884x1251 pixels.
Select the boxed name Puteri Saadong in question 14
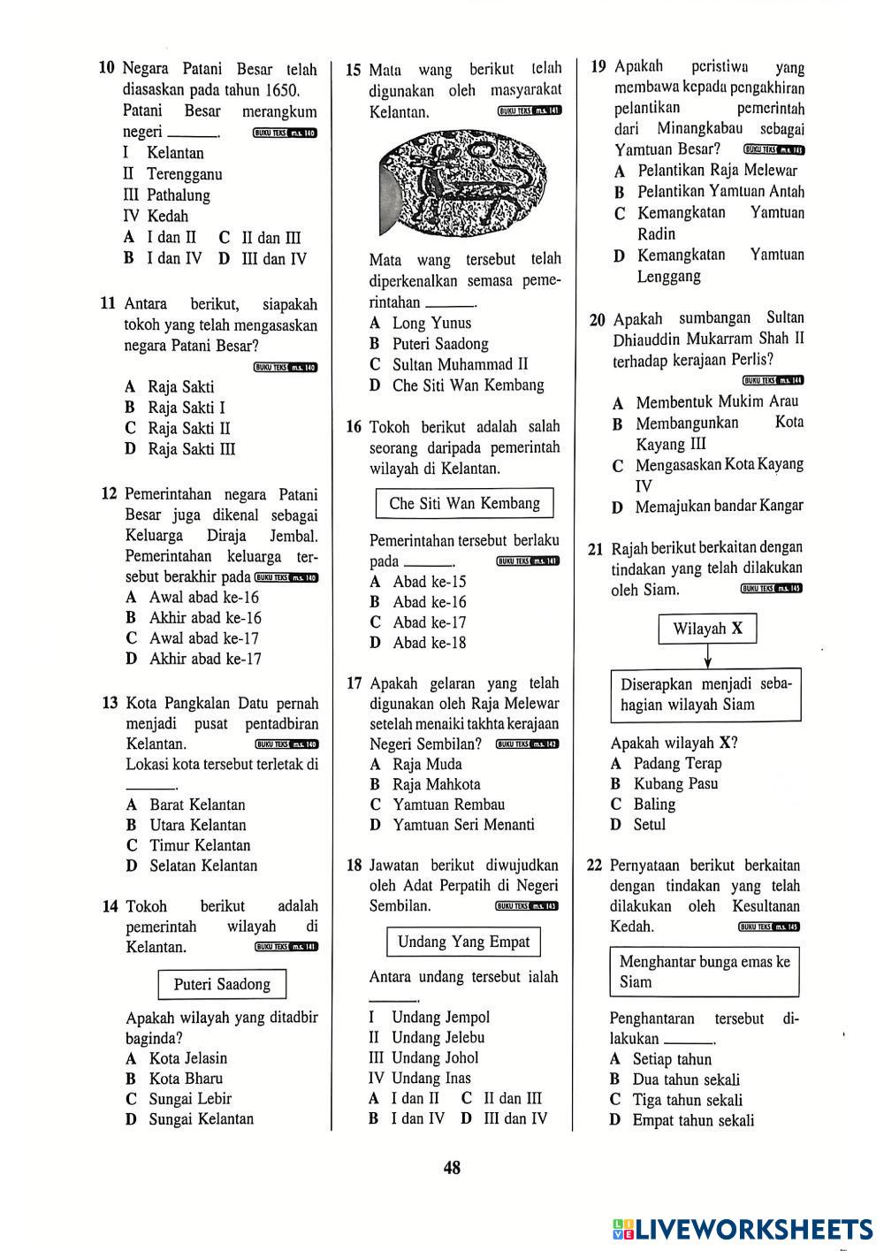tap(222, 985)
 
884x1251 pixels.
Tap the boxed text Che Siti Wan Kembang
tap(464, 504)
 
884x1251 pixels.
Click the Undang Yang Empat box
tap(463, 942)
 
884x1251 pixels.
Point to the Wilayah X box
tap(707, 629)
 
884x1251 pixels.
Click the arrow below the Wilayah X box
tap(707, 657)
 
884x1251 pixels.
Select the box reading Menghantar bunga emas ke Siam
tap(705, 972)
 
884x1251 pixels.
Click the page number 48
tap(452, 1168)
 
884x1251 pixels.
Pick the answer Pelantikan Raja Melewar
tap(717, 171)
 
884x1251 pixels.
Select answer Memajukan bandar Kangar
tap(719, 506)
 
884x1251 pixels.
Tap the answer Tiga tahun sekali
tap(687, 1101)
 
